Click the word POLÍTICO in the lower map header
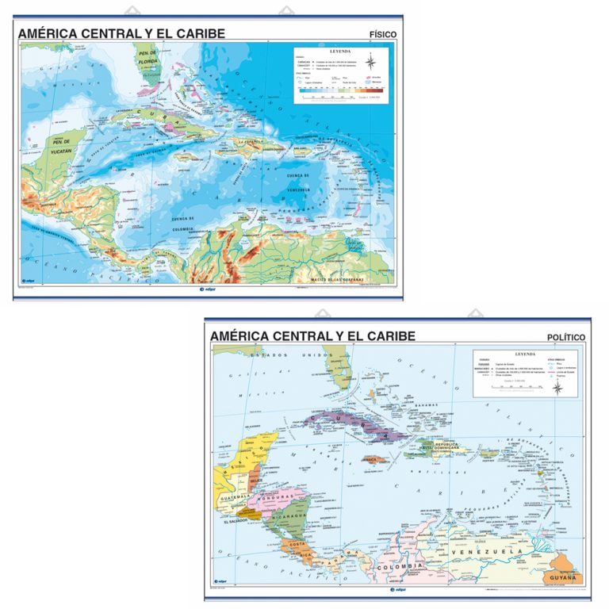566,338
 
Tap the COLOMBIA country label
396,568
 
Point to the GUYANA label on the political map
564,579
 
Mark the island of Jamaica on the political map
373,458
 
